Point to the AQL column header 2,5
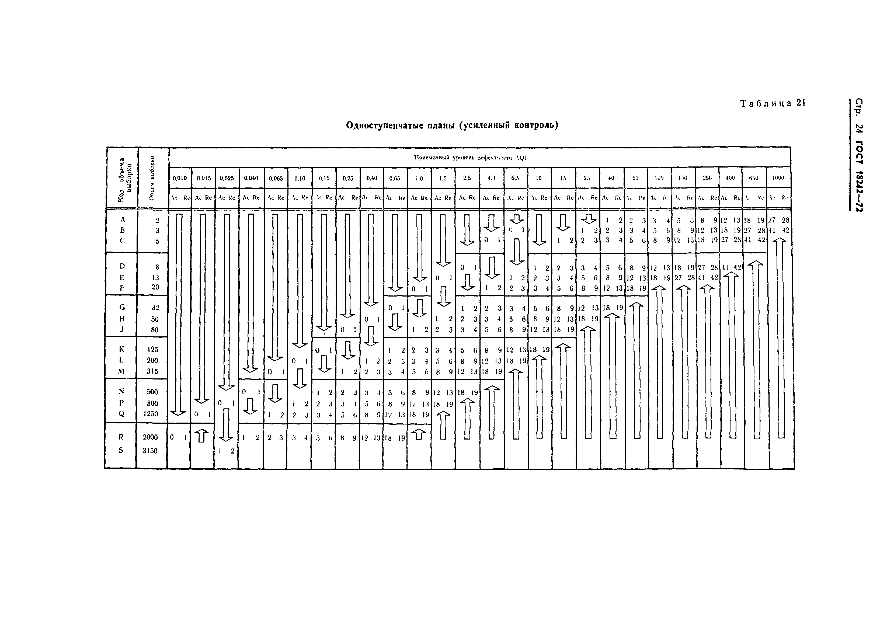(x=467, y=178)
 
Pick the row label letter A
(x=122, y=220)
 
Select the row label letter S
(x=121, y=450)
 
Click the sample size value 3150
(x=150, y=451)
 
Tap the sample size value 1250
(x=151, y=414)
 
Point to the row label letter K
(x=121, y=349)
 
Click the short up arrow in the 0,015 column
(x=202, y=436)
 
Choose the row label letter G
(x=122, y=307)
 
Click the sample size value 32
(x=155, y=308)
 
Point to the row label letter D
(x=122, y=266)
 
